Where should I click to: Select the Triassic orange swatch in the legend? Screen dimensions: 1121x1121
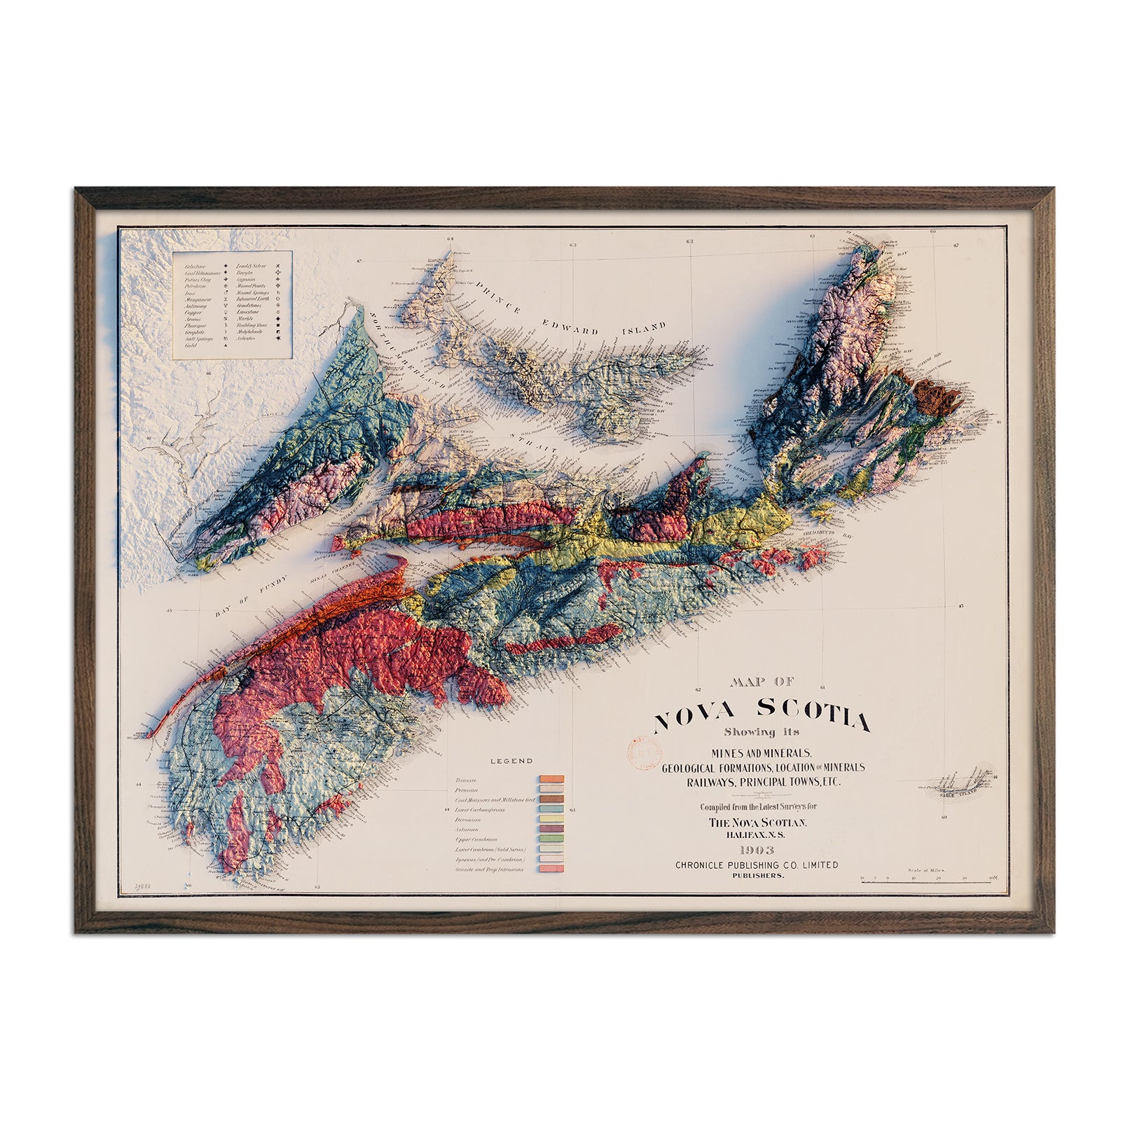pyautogui.click(x=551, y=779)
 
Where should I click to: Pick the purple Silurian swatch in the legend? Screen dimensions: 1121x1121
pyautogui.click(x=551, y=829)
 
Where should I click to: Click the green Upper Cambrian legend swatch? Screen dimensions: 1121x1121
pyautogui.click(x=551, y=839)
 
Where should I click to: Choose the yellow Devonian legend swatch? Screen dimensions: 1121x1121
pyautogui.click(x=551, y=819)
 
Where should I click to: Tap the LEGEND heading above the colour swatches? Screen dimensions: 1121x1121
pyautogui.click(x=511, y=761)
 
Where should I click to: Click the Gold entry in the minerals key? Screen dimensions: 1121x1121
pyautogui.click(x=191, y=345)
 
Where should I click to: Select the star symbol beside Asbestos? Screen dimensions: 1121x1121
pyautogui.click(x=278, y=338)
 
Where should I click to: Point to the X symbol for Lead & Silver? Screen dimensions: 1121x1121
pyautogui.click(x=277, y=266)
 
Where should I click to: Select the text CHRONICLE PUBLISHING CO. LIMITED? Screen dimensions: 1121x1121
pyautogui.click(x=756, y=865)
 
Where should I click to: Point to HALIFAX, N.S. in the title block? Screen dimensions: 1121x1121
pyautogui.click(x=755, y=834)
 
